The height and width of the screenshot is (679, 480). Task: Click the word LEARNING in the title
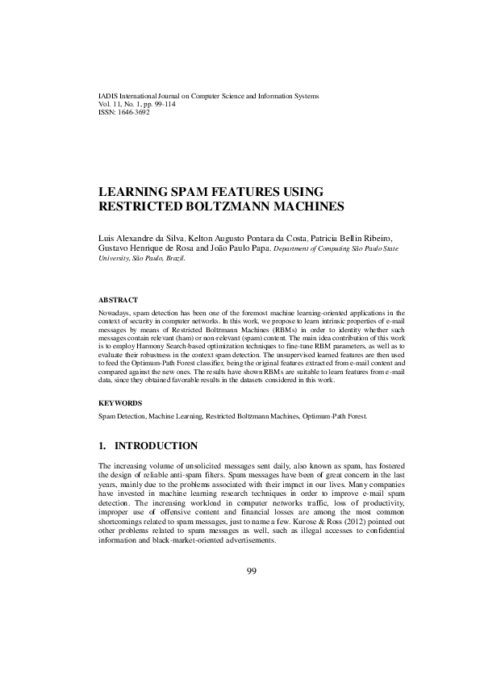pos(131,192)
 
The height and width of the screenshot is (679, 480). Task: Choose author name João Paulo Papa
pos(238,249)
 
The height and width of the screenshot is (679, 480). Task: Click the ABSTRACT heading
pos(118,299)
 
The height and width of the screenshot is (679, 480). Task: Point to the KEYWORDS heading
pos(120,402)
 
